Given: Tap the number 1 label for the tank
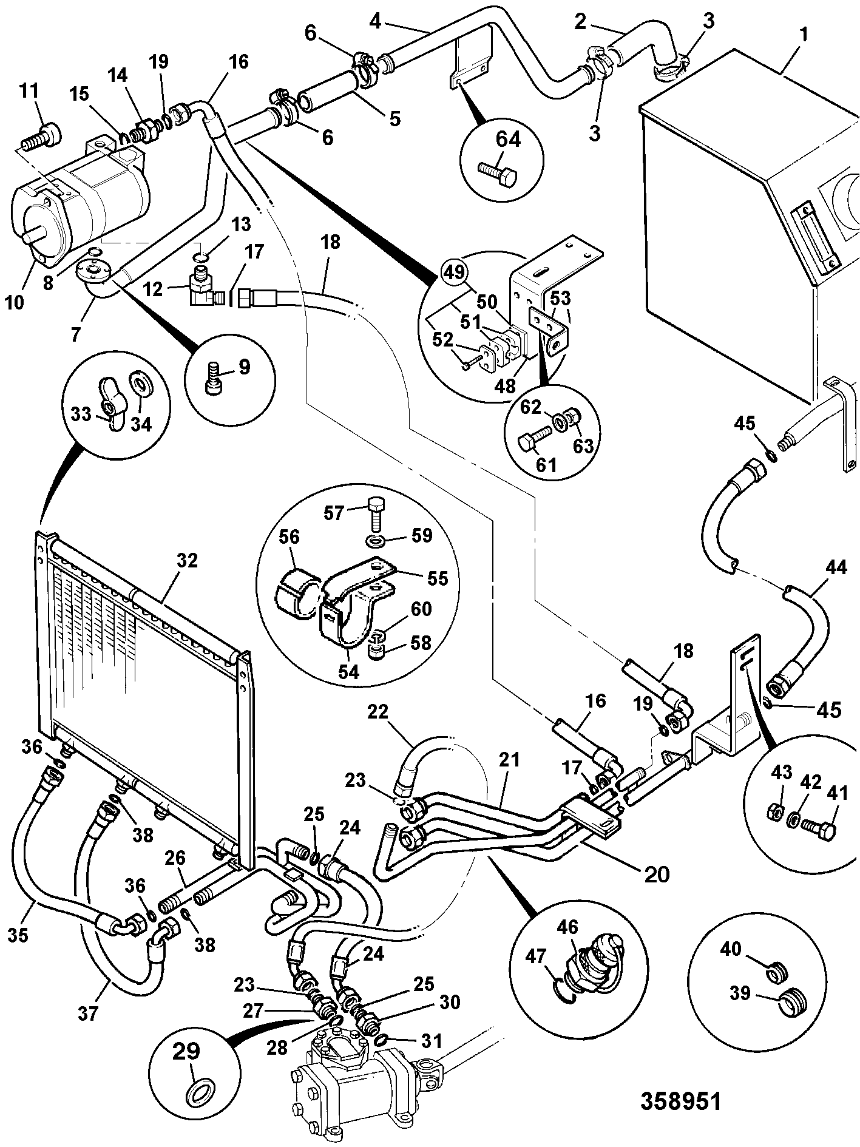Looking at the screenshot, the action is (804, 35).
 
